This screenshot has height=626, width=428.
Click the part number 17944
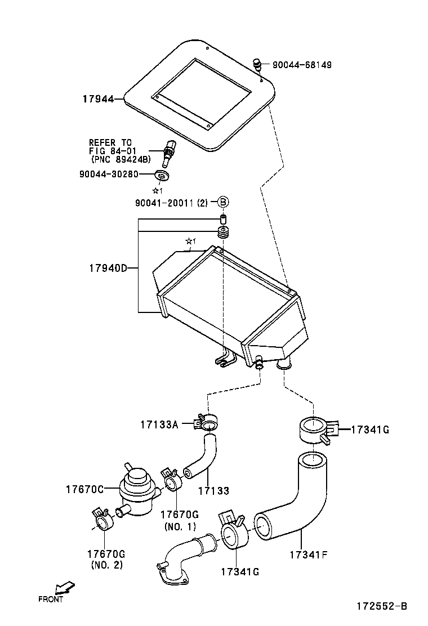97,99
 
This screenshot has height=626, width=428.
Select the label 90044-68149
302,65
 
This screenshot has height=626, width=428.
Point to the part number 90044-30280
108,174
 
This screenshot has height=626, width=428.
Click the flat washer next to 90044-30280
163,177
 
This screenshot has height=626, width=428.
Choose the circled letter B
223,202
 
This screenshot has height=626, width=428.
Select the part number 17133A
159,424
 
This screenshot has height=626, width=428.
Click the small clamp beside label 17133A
207,422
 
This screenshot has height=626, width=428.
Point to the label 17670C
84,489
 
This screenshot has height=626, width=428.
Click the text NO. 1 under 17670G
180,527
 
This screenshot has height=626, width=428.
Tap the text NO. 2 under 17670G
106,565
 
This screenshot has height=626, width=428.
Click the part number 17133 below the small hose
213,491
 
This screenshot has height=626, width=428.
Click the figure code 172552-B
381,606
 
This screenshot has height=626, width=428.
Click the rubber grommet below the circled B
223,234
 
